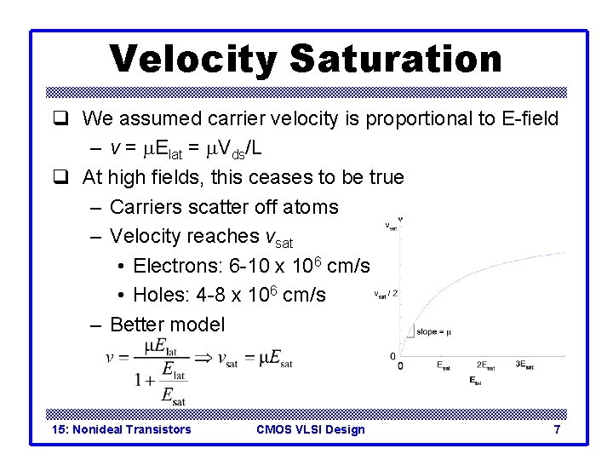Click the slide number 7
(x=557, y=429)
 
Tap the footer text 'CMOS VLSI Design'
(x=310, y=429)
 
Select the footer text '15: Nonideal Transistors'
(x=121, y=429)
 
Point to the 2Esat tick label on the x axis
(x=487, y=366)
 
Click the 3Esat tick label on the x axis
(x=525, y=366)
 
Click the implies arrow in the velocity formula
(x=203, y=359)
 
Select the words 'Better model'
(x=168, y=325)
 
